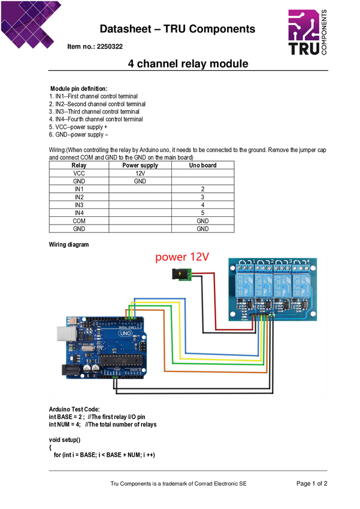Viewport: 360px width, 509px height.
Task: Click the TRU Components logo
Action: click(x=307, y=32)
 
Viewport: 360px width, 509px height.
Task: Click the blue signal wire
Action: click(x=222, y=355)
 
